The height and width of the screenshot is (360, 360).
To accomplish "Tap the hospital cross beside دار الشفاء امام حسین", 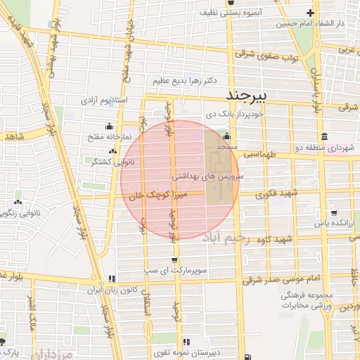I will click(x=311, y=13).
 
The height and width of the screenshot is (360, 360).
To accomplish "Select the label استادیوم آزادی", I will click(x=104, y=101).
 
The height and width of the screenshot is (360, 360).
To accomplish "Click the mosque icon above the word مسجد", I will click(x=226, y=137).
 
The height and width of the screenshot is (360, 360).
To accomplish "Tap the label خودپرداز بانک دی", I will click(x=234, y=113).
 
